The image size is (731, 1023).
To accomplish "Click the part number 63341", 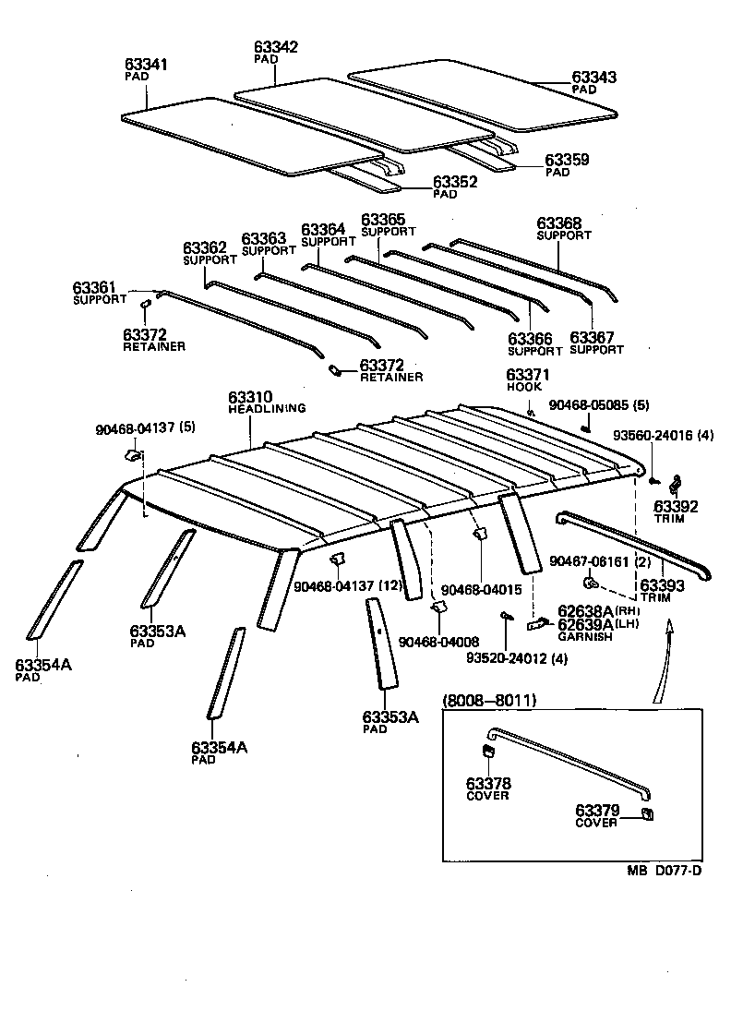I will [x=146, y=65].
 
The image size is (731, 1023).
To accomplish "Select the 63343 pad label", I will [x=593, y=78].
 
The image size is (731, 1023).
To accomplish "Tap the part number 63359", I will [x=567, y=160].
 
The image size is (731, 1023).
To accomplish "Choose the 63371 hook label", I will [x=527, y=374].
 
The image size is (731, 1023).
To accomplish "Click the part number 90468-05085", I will [x=588, y=404].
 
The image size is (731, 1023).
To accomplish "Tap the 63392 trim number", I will [x=676, y=507].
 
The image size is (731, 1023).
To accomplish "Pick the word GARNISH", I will [x=583, y=637].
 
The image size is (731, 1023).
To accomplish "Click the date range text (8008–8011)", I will [x=489, y=701].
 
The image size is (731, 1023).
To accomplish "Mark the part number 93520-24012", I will [x=502, y=658].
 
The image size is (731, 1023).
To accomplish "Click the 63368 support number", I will [x=558, y=223].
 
